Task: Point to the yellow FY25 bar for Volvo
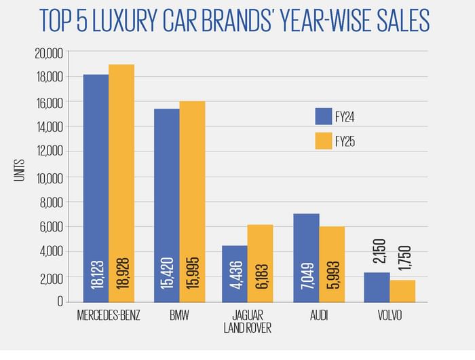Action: pyautogui.click(x=402, y=291)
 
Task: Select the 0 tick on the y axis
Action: pyautogui.click(x=60, y=302)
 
